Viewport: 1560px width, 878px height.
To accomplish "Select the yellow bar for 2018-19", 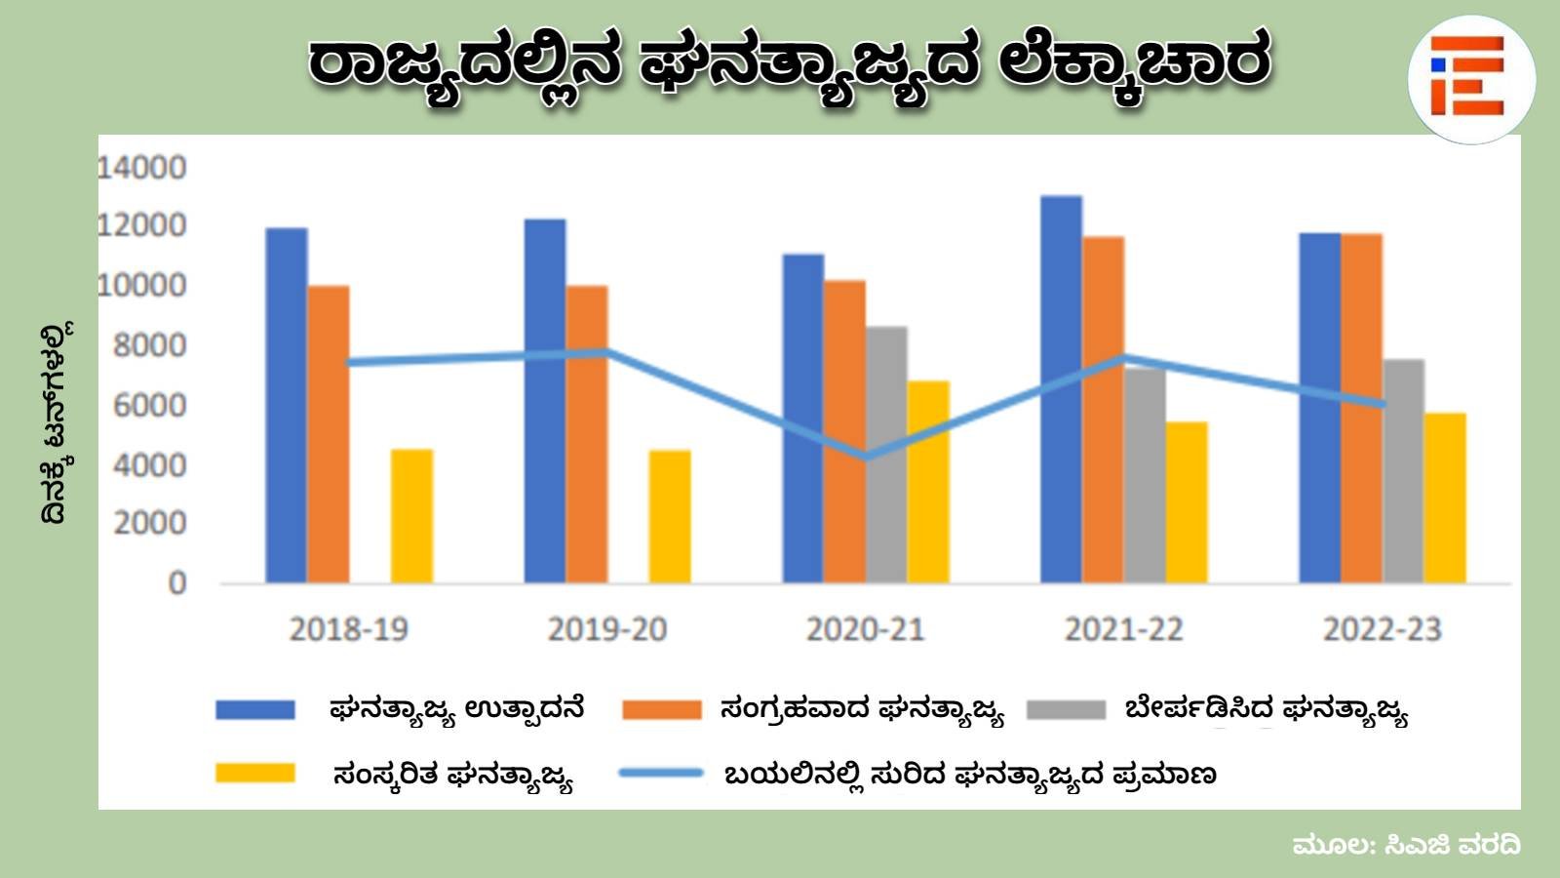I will [x=411, y=516].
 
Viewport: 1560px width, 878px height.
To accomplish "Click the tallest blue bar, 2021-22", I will [x=1061, y=390].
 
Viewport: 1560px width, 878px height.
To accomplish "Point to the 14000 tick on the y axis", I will [x=141, y=168].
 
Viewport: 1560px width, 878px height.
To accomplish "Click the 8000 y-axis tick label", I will [x=149, y=345].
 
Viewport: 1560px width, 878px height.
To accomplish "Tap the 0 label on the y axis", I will [x=176, y=583].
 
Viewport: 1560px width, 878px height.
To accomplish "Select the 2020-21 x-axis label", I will [x=865, y=629].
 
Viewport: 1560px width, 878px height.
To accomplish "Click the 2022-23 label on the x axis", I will [x=1382, y=629].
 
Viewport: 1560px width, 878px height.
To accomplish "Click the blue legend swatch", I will [x=255, y=709].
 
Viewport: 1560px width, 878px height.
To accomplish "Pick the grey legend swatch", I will [x=1066, y=709].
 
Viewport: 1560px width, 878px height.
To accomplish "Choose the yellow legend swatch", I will [x=255, y=774].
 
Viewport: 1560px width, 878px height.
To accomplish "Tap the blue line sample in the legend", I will [x=661, y=774].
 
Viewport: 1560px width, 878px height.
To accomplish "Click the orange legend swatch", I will [x=661, y=709].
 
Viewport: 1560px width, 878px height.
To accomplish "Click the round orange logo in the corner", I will [x=1470, y=78].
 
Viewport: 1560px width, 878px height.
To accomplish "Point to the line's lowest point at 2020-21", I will [x=866, y=456].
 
